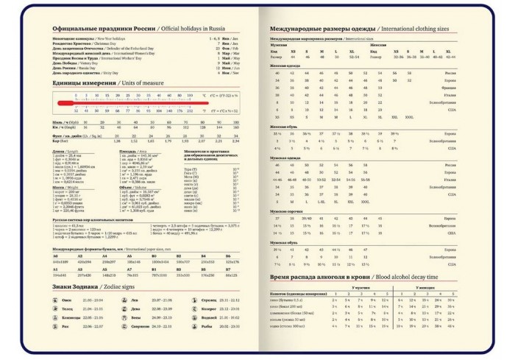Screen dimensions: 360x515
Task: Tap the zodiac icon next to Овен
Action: click(x=56, y=300)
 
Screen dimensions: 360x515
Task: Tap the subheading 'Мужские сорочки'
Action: click(x=284, y=211)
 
